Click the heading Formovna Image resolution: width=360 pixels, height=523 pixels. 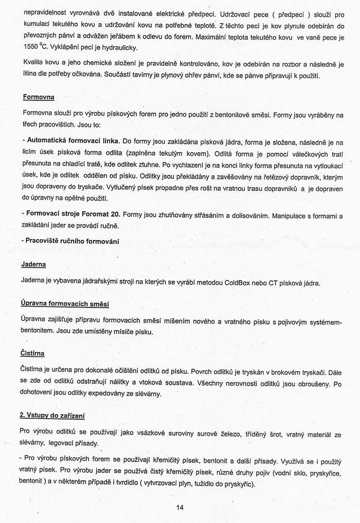click(x=39, y=97)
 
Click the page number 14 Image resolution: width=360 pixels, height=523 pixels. click(x=179, y=507)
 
